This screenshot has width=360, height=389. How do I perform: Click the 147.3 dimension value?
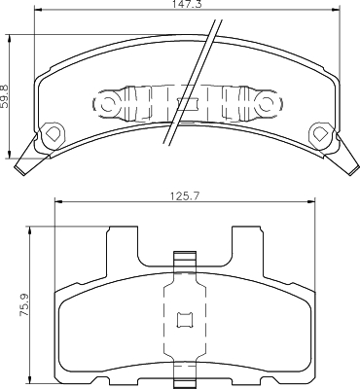pos(188,4)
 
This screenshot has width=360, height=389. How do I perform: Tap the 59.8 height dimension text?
pos(7,96)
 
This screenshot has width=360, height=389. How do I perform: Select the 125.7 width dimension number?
pos(185,195)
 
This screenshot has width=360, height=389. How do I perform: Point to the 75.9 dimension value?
pos(25,304)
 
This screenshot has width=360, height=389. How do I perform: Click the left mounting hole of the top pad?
pos(52,133)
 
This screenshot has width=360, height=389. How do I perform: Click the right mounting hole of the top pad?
pos(321,132)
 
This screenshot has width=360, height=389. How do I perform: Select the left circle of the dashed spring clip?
pos(107,104)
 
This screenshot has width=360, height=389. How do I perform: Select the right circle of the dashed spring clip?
pos(267,104)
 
